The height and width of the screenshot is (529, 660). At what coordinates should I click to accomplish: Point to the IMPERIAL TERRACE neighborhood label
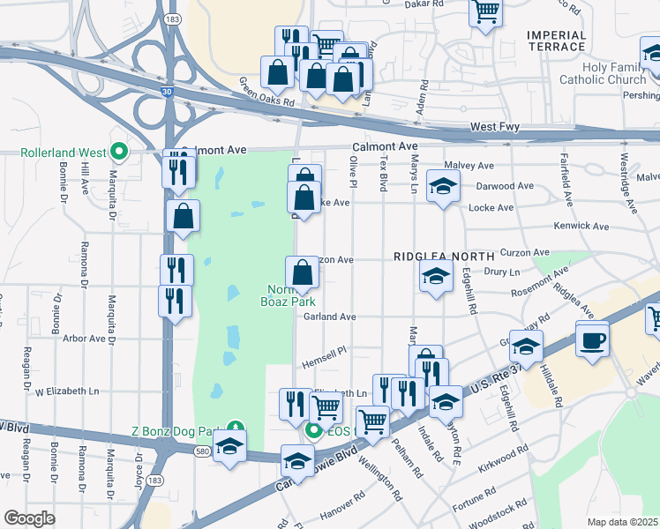556,41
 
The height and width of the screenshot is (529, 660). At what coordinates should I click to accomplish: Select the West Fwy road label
495,128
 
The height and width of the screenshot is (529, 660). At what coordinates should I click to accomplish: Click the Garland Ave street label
329,317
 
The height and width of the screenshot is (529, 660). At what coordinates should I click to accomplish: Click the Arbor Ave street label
85,338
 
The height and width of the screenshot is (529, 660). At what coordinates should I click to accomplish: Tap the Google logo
29,518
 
